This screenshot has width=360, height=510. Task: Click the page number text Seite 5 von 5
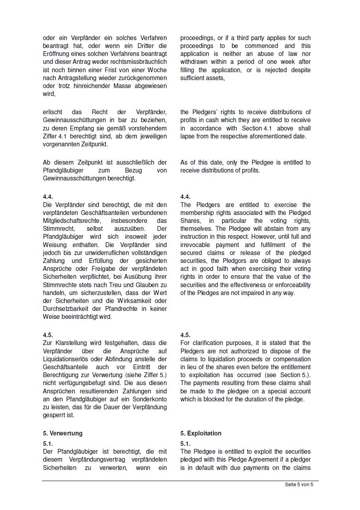coord(299,485)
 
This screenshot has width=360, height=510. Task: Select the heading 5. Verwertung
coord(63,433)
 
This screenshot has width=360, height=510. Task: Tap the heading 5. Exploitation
coord(201,433)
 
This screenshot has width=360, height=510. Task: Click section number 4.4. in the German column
coord(48,197)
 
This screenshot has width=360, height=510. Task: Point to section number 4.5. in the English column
coord(185,335)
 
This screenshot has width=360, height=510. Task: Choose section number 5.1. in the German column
coord(48,444)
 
